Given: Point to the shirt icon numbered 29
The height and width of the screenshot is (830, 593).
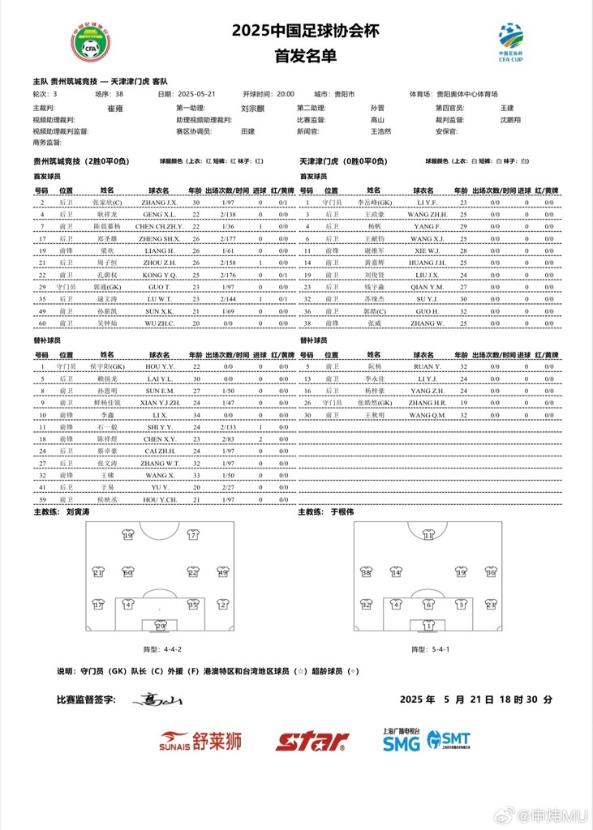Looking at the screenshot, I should [160, 625].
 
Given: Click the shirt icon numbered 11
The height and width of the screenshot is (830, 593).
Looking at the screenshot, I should [428, 535].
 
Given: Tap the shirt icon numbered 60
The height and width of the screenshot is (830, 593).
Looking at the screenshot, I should [127, 572].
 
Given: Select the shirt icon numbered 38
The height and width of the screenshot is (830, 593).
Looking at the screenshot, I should [366, 572].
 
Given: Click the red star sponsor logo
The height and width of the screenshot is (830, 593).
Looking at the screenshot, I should [312, 740].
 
